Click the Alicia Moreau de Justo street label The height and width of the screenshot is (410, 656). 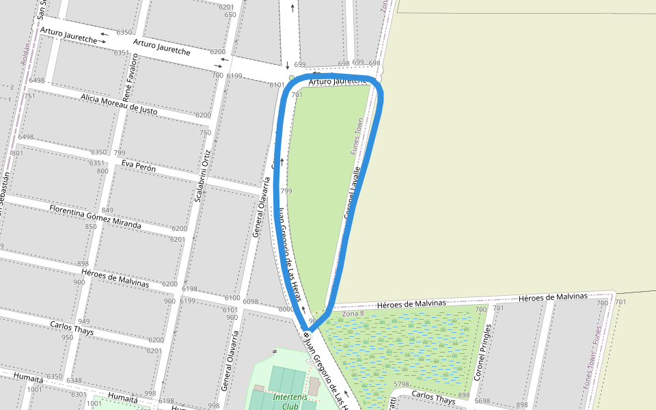click(119, 105)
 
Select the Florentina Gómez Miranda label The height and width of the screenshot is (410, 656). click(95, 216)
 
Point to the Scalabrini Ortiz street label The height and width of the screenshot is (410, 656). click(203, 176)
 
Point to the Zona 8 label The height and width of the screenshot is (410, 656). click(353, 313)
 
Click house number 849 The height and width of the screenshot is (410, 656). click(107, 210)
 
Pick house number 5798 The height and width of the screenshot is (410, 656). click(402, 384)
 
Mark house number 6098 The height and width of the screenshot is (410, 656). click(251, 301)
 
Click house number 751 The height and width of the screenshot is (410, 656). click(29, 96)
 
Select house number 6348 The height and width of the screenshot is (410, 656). click(74, 381)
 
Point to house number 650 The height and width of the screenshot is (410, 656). click(230, 14)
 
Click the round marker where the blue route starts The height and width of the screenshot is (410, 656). click(307, 333)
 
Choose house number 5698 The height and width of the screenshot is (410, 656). click(482, 401)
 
